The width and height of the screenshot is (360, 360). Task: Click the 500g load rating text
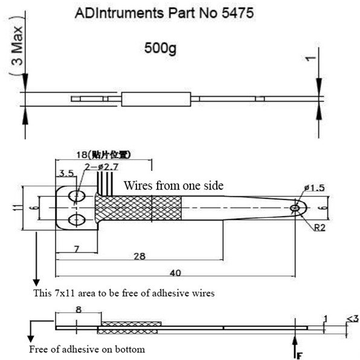click(x=162, y=47)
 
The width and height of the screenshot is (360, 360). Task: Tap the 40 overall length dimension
click(x=175, y=274)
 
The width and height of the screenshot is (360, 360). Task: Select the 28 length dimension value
click(x=138, y=257)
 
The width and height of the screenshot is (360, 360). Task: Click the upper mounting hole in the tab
click(x=77, y=197)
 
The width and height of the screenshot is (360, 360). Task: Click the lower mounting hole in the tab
click(x=77, y=218)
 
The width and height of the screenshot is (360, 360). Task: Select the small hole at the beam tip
click(x=295, y=208)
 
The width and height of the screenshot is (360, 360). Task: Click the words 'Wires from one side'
click(x=173, y=185)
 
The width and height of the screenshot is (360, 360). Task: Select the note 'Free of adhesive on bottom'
click(x=88, y=350)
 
